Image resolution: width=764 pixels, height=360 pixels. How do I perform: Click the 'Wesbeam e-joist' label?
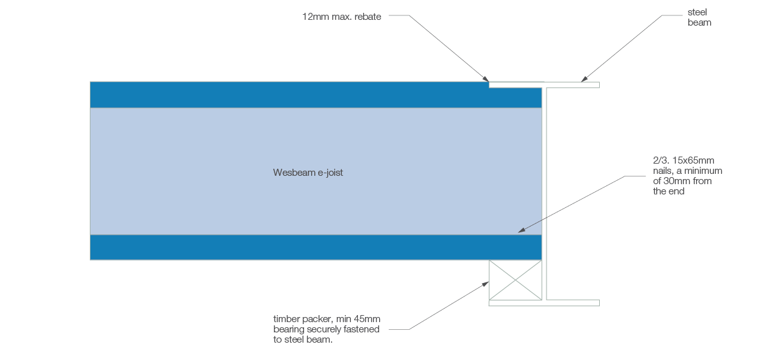[x=308, y=173]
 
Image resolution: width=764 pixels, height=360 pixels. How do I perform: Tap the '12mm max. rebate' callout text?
[x=341, y=17]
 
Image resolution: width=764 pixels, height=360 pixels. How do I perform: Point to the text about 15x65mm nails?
[x=688, y=175]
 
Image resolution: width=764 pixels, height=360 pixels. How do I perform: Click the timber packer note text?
[x=327, y=329]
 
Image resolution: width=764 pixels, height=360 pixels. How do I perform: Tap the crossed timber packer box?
[x=515, y=280]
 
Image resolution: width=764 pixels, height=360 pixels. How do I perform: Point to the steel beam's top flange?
[x=571, y=85]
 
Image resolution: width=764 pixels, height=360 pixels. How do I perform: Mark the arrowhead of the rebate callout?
[x=486, y=79]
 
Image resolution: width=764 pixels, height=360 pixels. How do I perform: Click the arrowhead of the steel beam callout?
[x=584, y=80]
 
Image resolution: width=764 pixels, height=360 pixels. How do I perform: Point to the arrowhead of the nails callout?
[x=522, y=230]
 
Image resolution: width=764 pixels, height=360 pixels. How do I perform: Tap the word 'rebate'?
[x=368, y=17]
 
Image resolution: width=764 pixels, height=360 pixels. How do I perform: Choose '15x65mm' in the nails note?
[x=697, y=160]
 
